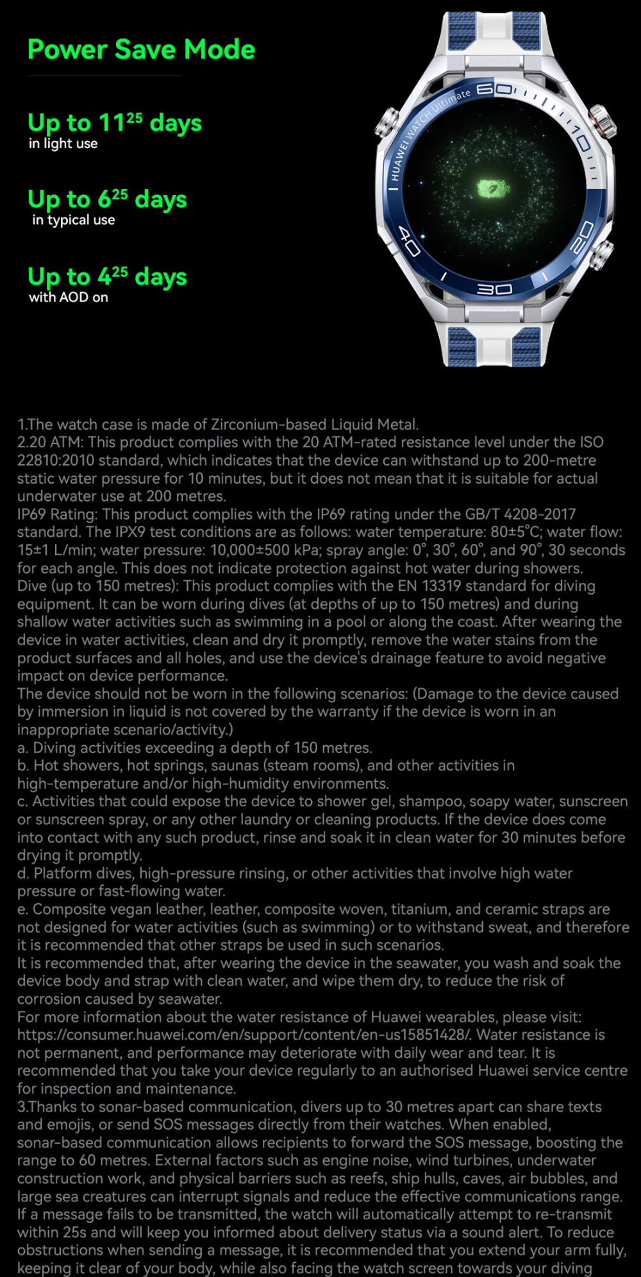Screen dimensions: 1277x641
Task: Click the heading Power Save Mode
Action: [141, 49]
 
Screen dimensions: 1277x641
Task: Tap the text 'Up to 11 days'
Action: [114, 123]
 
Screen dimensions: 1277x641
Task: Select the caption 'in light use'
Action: [63, 144]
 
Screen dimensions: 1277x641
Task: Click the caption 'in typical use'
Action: [73, 220]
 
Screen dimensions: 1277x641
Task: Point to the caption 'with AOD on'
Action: [68, 297]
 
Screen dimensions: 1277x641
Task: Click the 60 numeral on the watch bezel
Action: [494, 89]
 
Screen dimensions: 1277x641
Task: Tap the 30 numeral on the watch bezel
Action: [494, 290]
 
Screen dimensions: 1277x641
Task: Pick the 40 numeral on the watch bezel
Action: [409, 241]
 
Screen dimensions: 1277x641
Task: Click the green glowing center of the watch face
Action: [494, 189]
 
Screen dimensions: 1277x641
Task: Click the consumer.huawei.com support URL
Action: [244, 1035]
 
